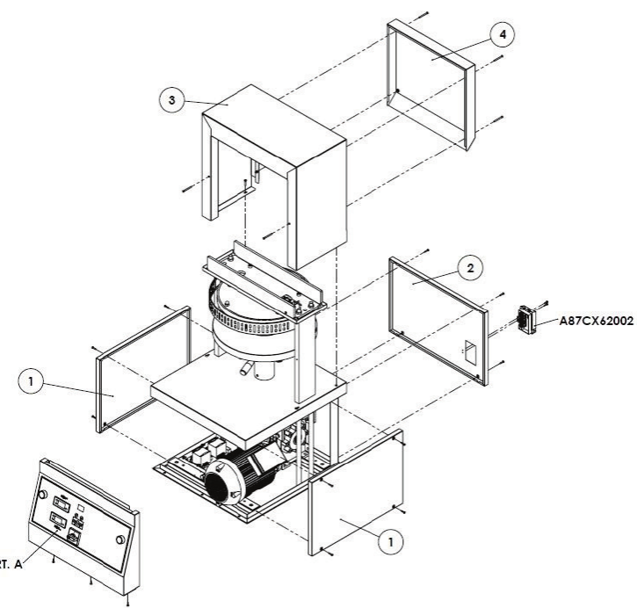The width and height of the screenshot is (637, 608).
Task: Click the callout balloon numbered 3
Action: click(x=174, y=100)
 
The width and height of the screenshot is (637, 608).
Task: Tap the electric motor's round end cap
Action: click(x=222, y=482)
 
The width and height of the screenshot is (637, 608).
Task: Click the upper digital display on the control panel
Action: click(x=62, y=503)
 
